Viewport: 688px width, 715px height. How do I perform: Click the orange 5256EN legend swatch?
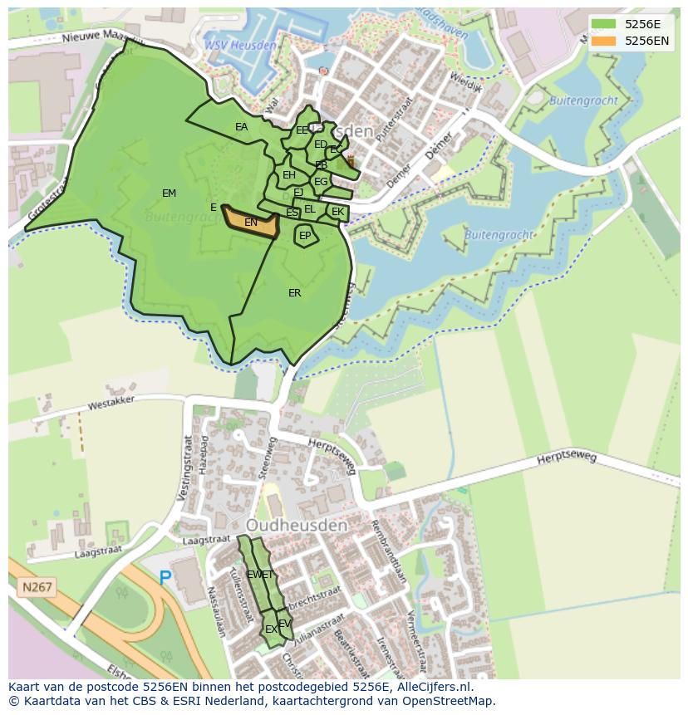[604, 41]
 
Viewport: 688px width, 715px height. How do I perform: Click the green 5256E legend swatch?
[604, 24]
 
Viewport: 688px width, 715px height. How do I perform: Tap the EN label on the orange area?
[251, 223]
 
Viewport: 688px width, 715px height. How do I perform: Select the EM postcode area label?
[169, 193]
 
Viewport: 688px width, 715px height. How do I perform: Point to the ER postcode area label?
[294, 293]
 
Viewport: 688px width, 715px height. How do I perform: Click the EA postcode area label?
[241, 127]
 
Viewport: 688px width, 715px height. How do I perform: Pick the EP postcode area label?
[305, 236]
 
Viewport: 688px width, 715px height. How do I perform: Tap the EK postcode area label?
[337, 212]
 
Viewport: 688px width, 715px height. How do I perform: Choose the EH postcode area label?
[289, 175]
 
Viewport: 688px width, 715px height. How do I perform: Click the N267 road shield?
[37, 587]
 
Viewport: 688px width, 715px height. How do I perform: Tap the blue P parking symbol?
[165, 578]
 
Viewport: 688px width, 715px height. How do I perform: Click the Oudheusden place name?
[296, 526]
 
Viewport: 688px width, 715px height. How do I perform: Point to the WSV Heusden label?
[241, 45]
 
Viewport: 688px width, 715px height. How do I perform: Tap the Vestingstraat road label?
[188, 470]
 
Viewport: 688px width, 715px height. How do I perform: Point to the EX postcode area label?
[271, 629]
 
